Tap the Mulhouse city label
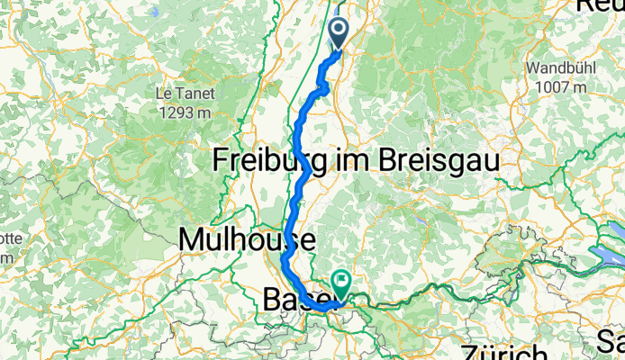coord(248,240)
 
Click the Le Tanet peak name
coord(176,93)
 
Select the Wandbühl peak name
coord(557,67)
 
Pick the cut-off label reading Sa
coord(612,341)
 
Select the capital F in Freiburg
coord(220,160)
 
